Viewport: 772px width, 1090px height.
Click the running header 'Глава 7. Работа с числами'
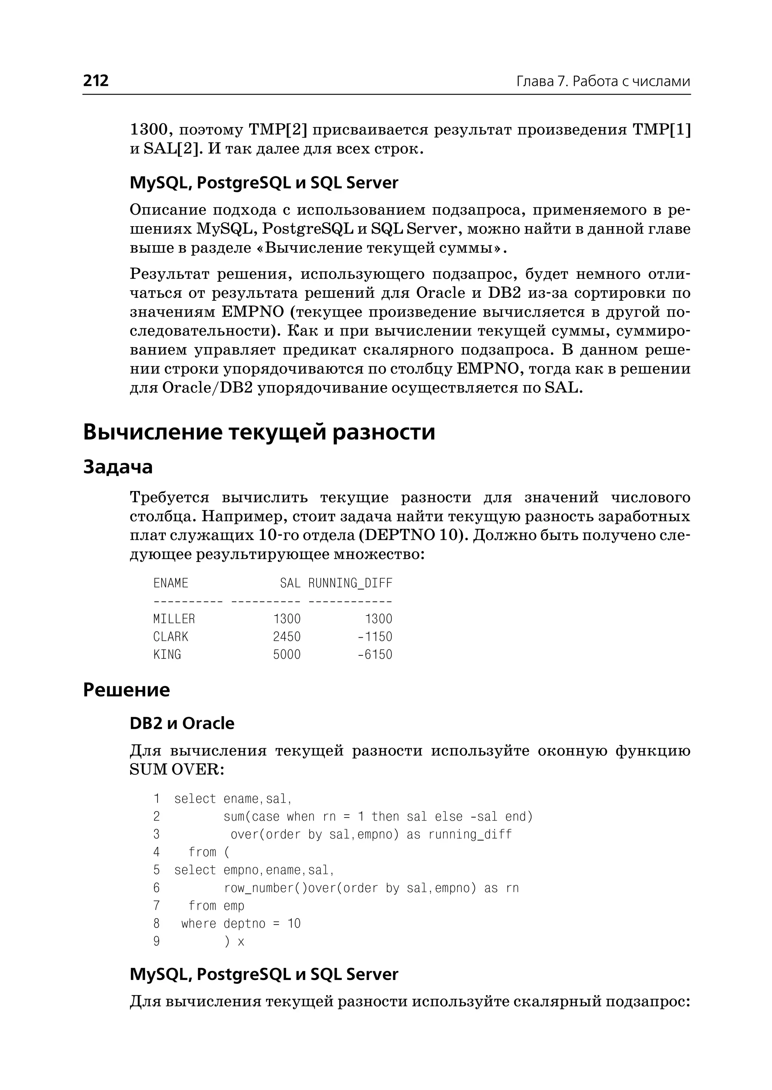603,82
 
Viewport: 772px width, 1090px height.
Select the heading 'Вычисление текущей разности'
259,432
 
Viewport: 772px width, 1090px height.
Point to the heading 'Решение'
126,690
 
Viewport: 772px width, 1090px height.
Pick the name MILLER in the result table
174,619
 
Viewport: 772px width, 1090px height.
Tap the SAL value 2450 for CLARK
286,637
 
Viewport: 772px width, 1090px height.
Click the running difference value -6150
375,655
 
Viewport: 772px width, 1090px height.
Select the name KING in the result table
167,655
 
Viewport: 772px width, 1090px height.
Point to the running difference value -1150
375,637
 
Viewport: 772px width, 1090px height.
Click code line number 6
156,888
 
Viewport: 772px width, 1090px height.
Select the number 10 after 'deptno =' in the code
294,924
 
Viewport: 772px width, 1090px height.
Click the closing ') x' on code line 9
234,942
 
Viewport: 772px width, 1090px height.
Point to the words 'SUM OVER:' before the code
176,770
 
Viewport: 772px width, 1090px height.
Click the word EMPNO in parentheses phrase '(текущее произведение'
253,312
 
